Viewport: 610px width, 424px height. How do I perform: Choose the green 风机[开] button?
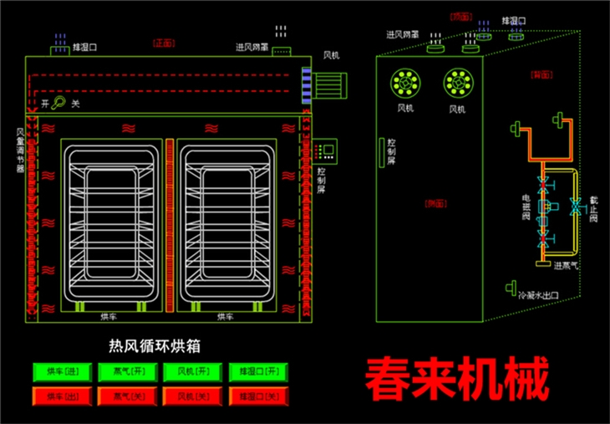coord(191,370)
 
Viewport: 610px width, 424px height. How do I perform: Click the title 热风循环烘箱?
coord(158,344)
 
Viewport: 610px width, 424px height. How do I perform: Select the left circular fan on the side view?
coord(405,82)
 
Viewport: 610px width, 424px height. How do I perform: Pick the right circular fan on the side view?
coord(457,82)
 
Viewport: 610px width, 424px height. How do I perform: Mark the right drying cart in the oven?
coord(225,230)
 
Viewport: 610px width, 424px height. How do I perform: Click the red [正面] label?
coord(161,43)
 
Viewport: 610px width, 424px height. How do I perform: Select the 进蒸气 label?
coord(567,266)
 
